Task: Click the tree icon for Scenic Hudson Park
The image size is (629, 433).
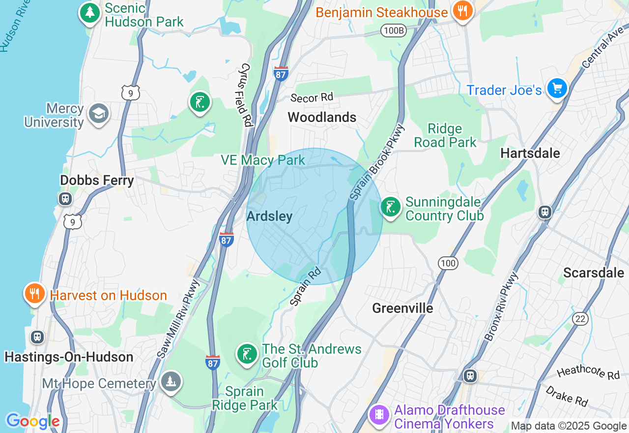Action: [x=89, y=12]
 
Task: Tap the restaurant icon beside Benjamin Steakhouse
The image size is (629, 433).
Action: [x=462, y=10]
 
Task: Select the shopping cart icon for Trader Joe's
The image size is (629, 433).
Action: [x=557, y=89]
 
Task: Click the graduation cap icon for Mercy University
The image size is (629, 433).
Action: [x=98, y=114]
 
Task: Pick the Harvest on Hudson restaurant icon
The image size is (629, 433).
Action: [x=34, y=294]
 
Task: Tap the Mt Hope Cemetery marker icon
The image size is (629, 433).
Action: [x=171, y=382]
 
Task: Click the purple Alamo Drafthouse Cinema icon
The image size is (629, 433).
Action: [x=379, y=415]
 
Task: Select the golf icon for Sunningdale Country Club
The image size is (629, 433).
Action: [x=391, y=207]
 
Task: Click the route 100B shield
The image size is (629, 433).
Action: [x=394, y=31]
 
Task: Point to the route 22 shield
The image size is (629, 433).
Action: [x=580, y=319]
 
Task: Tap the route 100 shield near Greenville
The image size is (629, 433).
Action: [x=448, y=263]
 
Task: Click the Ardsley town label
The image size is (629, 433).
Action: [x=269, y=216]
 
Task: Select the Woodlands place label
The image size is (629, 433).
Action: [x=322, y=117]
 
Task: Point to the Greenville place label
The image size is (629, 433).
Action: [x=402, y=308]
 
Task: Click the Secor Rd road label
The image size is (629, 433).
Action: [x=312, y=97]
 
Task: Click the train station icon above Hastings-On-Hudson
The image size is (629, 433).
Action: [x=37, y=337]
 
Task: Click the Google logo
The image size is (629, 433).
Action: [x=32, y=421]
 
